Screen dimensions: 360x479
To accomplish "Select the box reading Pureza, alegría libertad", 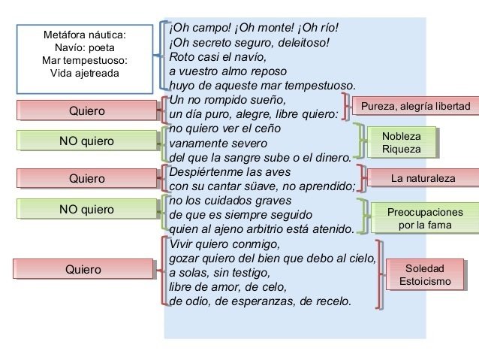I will pyautogui.click(x=415, y=107).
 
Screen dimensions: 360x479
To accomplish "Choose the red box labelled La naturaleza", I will pyautogui.click(x=423, y=179).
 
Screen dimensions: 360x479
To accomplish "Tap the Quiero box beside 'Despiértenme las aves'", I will pyautogui.click(x=86, y=178).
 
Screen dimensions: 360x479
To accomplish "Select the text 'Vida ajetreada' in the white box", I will pyautogui.click(x=84, y=73).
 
